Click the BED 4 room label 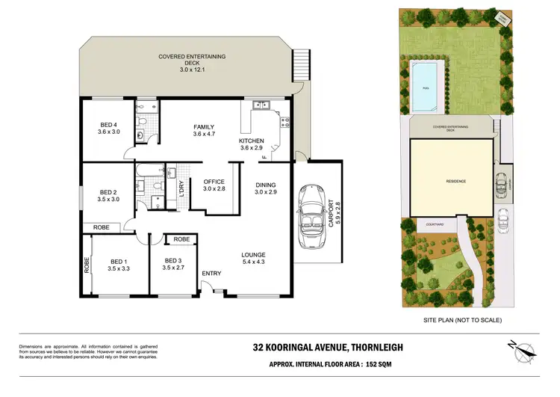click(109, 125)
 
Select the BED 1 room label click(118, 261)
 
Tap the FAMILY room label click(204, 128)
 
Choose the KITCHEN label click(251, 141)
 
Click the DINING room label click(266, 185)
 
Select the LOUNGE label click(253, 254)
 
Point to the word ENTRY click(211, 274)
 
